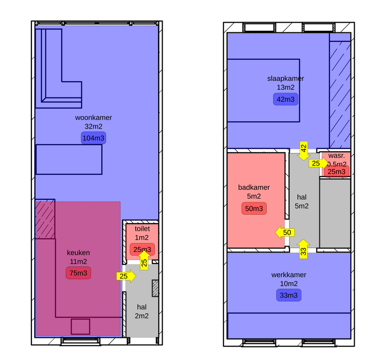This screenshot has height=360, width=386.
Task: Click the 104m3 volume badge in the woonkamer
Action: coord(94,138)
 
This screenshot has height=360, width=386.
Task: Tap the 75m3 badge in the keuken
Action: coord(78,273)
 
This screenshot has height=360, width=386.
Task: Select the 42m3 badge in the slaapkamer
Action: coord(286,99)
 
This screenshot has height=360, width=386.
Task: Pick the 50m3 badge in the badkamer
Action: coord(254,208)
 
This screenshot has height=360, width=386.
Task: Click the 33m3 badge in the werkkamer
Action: coord(289,295)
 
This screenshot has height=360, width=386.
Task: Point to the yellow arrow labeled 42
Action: coord(303,151)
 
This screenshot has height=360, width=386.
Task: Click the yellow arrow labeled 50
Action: coord(285,233)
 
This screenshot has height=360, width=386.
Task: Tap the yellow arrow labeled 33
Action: coord(303,249)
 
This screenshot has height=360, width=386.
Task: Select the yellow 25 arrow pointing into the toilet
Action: coord(144,261)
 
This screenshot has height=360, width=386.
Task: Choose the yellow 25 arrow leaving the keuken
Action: coord(126,276)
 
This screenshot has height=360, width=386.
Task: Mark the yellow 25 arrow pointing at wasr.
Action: coord(318,163)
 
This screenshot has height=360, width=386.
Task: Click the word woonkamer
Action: coord(94,118)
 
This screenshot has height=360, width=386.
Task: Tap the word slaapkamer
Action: coord(286,79)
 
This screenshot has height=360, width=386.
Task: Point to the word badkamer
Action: coord(254,187)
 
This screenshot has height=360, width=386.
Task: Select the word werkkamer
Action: coord(289,275)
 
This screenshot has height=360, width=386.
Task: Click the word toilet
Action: coord(142,229)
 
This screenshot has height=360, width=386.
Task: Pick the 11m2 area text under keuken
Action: coord(78,262)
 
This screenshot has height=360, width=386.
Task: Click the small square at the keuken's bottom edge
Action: coord(81,327)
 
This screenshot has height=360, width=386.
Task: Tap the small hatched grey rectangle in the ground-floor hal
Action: coord(155,288)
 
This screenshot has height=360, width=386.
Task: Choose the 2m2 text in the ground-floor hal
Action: coord(142,316)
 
